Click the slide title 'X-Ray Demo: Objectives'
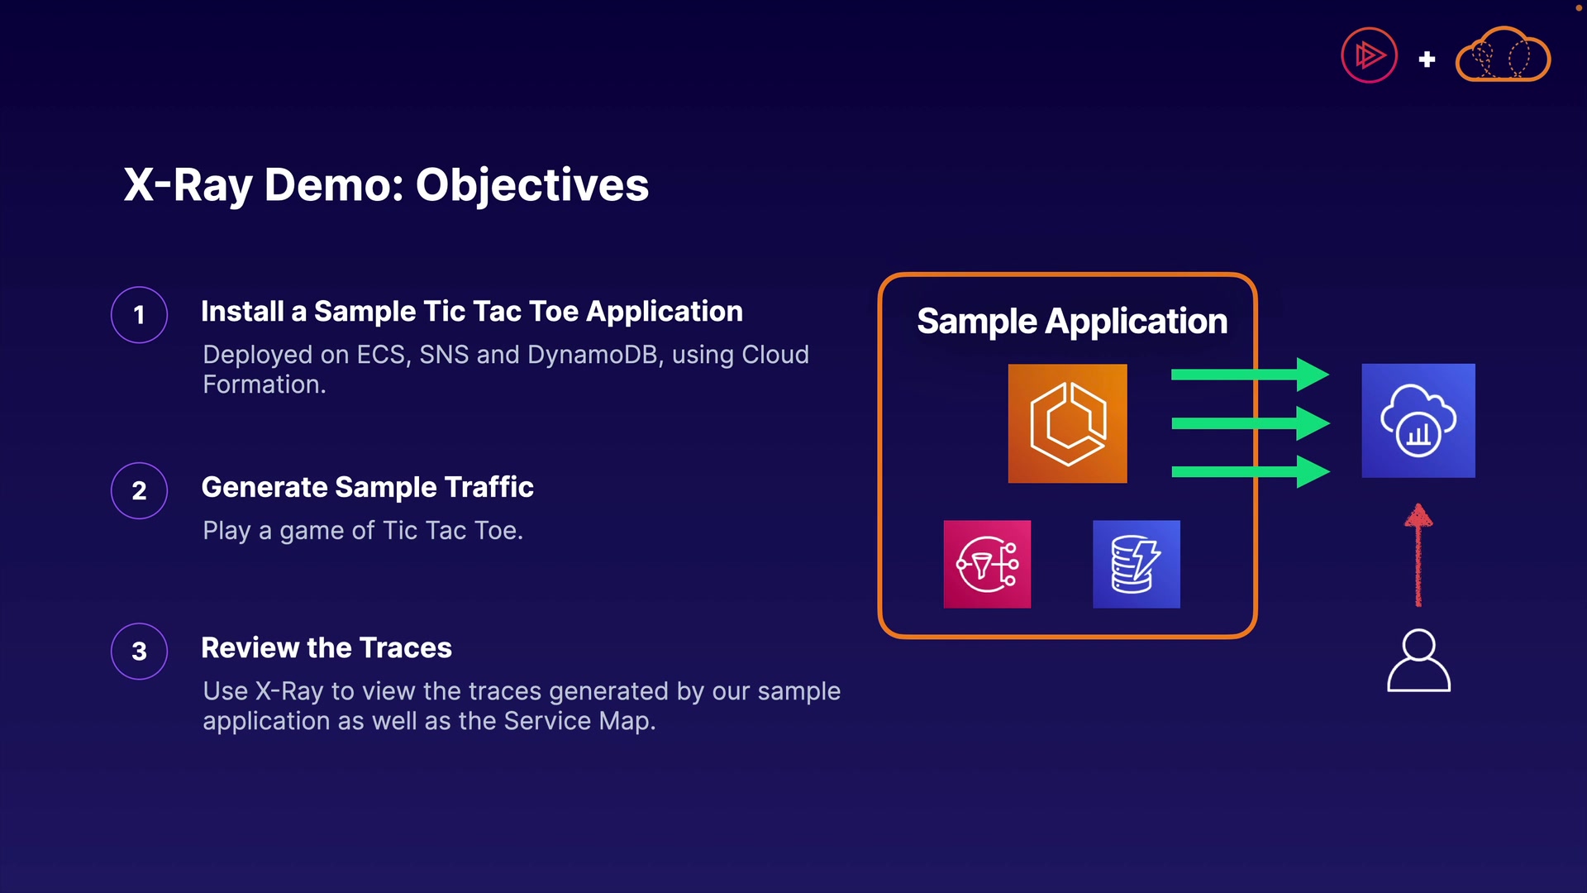pos(386,184)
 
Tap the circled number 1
pos(140,315)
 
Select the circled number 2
pos(140,490)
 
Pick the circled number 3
pos(140,652)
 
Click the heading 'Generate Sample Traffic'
pos(367,487)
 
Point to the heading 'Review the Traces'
pos(326,647)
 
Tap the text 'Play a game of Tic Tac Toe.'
pos(363,530)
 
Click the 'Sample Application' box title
pos(1072,321)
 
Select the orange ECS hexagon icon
pos(1067,423)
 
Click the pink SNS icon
pos(987,564)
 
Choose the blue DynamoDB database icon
pos(1137,564)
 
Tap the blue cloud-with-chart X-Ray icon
pos(1418,421)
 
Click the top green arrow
pos(1251,375)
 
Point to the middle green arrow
pos(1251,423)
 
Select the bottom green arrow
pos(1251,472)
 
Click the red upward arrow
pos(1418,555)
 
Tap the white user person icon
pos(1418,660)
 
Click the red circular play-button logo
pos(1369,55)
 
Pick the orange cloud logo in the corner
pos(1503,55)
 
